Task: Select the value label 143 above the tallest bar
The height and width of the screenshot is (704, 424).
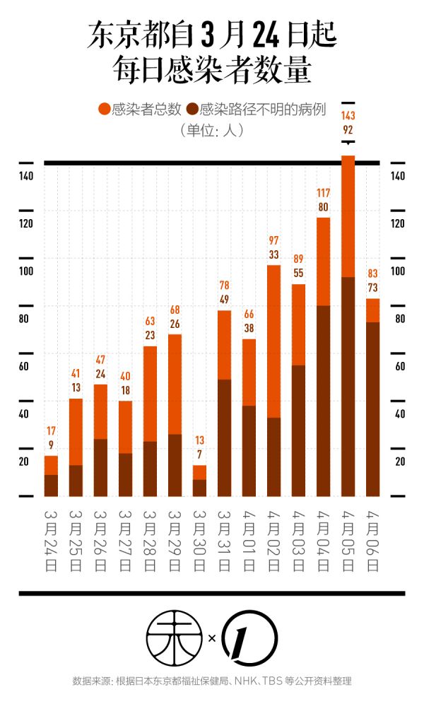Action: tap(348, 115)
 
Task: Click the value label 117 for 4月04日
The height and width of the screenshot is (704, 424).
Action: tap(324, 193)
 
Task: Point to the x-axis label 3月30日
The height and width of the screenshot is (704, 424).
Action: tap(199, 541)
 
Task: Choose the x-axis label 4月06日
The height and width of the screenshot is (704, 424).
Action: tap(372, 541)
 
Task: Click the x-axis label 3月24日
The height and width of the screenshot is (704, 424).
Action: tap(51, 541)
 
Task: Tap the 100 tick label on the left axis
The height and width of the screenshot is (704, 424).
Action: tap(26, 271)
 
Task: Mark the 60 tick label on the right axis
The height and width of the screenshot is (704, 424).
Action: tap(398, 366)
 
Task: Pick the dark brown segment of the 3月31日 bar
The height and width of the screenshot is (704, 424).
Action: tap(224, 437)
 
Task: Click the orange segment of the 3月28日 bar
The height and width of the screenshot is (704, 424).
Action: tap(150, 392)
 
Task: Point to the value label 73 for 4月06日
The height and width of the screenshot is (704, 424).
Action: tap(372, 287)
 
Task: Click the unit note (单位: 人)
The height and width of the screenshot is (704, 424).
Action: tap(211, 130)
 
